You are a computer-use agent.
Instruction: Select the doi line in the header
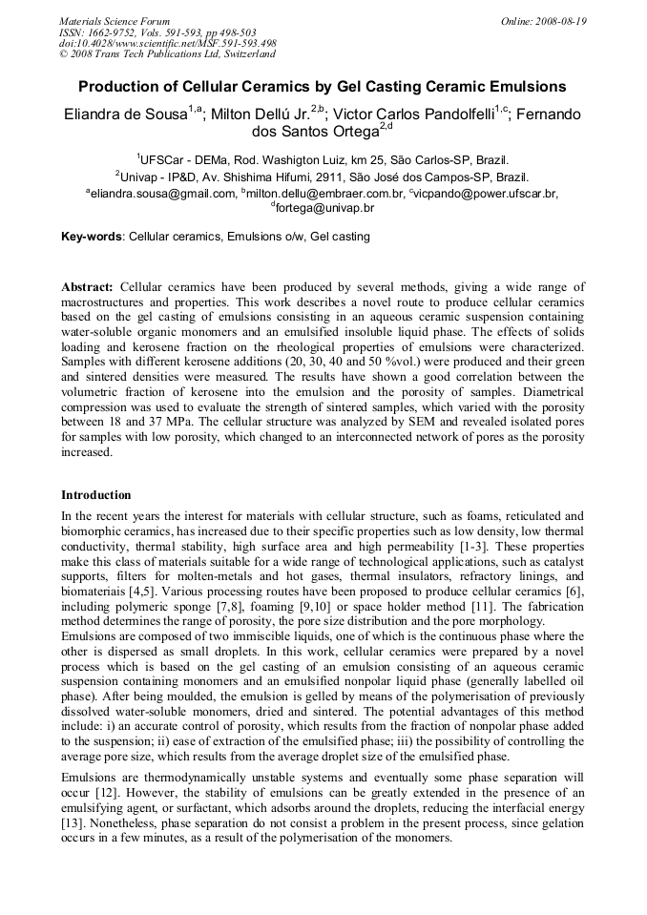(167, 43)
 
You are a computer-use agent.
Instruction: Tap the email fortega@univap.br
(325, 208)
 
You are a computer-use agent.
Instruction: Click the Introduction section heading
(96, 495)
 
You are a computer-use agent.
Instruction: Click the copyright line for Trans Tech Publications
(167, 54)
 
